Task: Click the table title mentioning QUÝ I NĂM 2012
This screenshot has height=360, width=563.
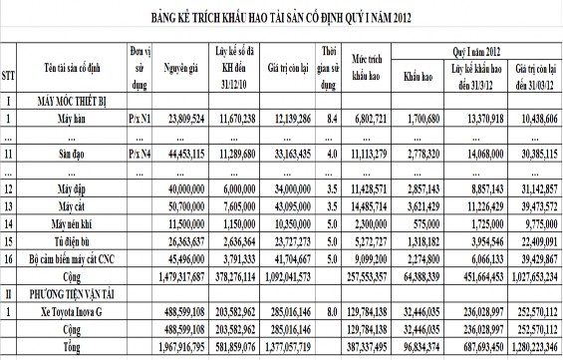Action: click(x=282, y=17)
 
